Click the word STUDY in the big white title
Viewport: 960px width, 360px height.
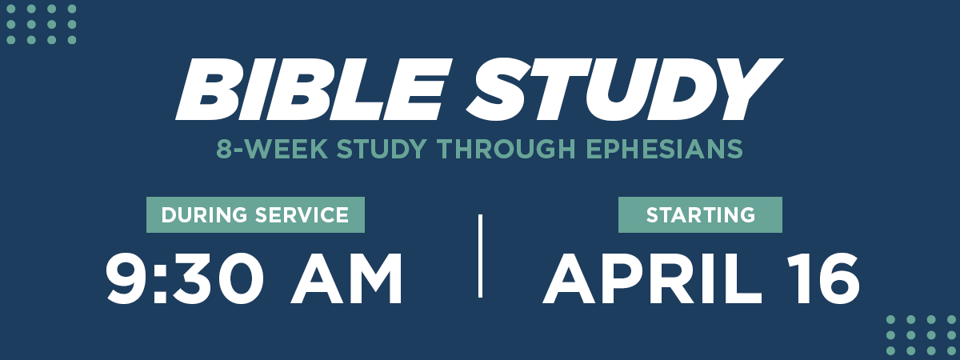coord(625,89)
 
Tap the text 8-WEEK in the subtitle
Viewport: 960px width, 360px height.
coord(272,149)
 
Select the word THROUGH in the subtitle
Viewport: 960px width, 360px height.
coord(506,149)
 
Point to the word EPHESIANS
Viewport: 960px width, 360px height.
coord(664,149)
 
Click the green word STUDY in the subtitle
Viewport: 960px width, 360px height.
coord(382,149)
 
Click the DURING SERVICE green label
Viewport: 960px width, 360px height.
coord(255,214)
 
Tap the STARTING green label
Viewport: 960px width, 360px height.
coord(700,214)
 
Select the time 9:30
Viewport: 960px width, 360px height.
coord(185,279)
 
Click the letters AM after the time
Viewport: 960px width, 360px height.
coord(346,279)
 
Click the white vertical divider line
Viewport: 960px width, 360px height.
coord(481,256)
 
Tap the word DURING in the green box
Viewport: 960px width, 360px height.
coord(205,214)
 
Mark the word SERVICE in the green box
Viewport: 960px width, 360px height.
coord(302,214)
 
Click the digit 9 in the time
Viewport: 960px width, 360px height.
coord(127,278)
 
